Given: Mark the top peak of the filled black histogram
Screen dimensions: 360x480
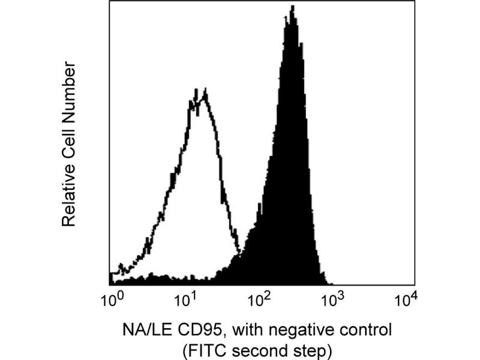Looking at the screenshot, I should pos(292,8).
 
